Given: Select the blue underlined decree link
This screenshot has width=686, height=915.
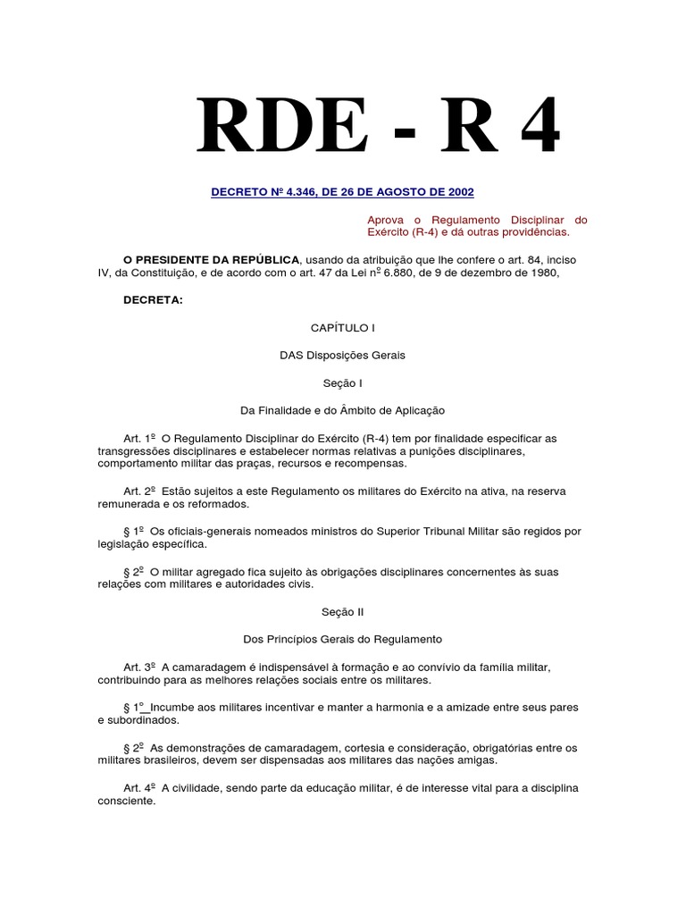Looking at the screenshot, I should [342, 192].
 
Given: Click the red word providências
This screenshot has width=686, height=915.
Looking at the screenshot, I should [537, 231].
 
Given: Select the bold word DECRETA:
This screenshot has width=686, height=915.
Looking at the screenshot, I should [153, 299].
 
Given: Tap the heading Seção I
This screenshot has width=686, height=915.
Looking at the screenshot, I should [342, 382].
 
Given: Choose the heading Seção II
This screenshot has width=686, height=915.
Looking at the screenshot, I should [342, 612].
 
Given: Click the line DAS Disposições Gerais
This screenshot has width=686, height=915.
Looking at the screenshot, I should [342, 355].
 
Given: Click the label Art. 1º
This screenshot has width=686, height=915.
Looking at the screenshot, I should [140, 439].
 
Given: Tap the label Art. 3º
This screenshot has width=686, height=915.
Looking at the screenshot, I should [140, 667].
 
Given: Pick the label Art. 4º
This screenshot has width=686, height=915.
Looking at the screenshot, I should [140, 788].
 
